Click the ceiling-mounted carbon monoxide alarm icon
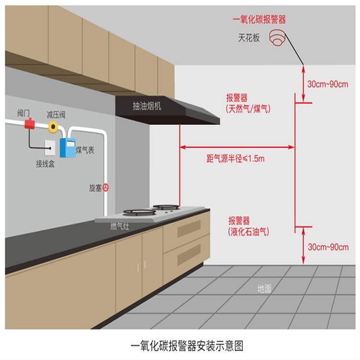pyautogui.click(x=277, y=37)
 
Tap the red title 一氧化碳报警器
pyautogui.click(x=259, y=20)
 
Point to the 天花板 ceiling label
pyautogui.click(x=249, y=37)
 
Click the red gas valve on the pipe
pyautogui.click(x=30, y=123)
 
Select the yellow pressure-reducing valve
pyautogui.click(x=53, y=127)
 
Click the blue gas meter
pyautogui.click(x=68, y=148)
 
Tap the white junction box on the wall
pyautogui.click(x=50, y=148)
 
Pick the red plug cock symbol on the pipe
pyautogui.click(x=106, y=188)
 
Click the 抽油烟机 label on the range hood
pyautogui.click(x=147, y=106)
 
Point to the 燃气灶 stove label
pyautogui.click(x=120, y=227)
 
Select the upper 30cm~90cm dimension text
pyautogui.click(x=328, y=84)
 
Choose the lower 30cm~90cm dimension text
pyautogui.click(x=328, y=247)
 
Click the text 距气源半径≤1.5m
pyautogui.click(x=235, y=158)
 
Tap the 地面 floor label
pyautogui.click(x=264, y=288)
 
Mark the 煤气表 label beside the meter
pyautogui.click(x=85, y=150)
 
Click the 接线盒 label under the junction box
pyautogui.click(x=45, y=164)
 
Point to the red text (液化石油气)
pyautogui.click(x=249, y=231)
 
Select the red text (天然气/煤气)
pyautogui.click(x=248, y=108)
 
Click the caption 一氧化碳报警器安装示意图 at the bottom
pyautogui.click(x=187, y=346)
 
